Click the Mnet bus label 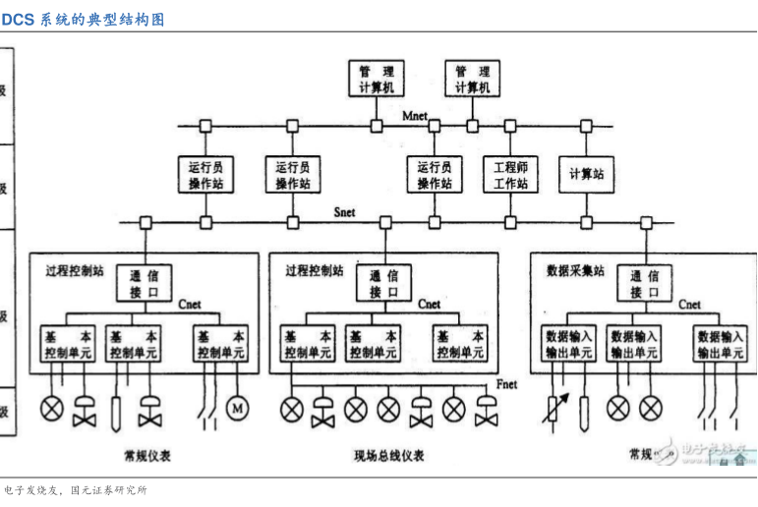pos(415,117)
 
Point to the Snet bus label pos(345,212)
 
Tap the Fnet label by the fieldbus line pos(508,383)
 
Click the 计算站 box pos(586,175)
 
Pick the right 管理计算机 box pos(472,80)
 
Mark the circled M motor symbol pos(237,406)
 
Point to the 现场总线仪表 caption pos(388,456)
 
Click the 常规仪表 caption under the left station pos(147,455)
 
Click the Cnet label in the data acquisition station pos(689,305)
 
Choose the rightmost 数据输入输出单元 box pos(720,344)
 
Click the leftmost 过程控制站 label pos(75,268)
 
